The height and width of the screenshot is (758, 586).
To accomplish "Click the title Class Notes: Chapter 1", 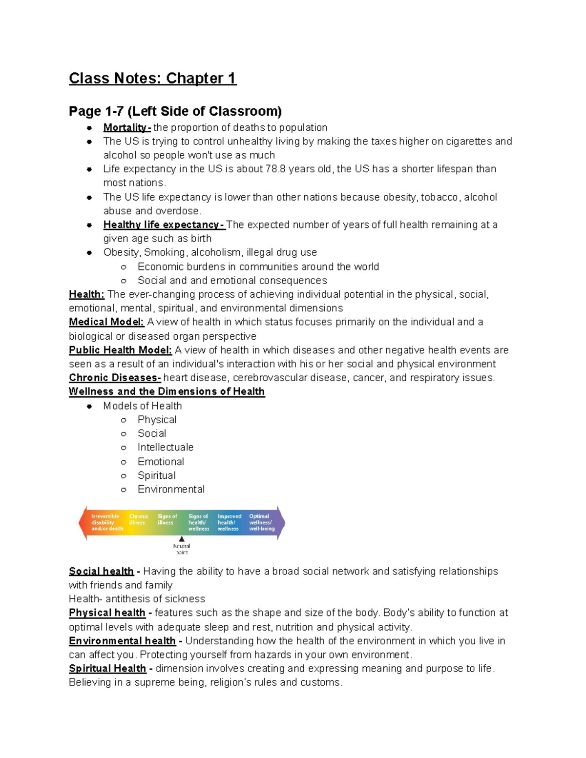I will [152, 78].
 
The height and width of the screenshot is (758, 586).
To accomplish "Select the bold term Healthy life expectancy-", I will [164, 225].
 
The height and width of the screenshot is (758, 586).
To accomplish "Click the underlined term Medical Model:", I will [106, 322].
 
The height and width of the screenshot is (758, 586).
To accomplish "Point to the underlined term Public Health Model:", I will [120, 350].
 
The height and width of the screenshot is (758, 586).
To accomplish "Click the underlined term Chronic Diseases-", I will [115, 378].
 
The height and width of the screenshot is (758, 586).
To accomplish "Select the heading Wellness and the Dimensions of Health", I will [167, 391].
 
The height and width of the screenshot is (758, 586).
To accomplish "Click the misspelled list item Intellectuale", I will [165, 448].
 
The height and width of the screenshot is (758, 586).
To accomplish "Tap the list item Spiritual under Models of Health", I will [156, 475].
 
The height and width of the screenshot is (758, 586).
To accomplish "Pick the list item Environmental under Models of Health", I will [171, 490].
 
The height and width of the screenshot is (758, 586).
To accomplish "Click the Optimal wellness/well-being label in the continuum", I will [261, 522].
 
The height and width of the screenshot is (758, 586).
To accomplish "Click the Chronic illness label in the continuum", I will [138, 519].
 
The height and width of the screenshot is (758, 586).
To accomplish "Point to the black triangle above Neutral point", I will [182, 539].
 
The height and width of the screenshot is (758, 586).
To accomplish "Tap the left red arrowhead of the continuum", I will [83, 523].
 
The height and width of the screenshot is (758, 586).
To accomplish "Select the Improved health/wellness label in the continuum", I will [229, 522].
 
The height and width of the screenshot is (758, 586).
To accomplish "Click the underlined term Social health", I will [101, 572].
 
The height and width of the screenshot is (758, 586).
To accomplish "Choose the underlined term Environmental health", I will [122, 641].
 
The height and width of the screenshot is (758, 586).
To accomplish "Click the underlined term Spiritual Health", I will [107, 669].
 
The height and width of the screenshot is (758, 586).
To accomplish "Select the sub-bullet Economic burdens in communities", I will [258, 267].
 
